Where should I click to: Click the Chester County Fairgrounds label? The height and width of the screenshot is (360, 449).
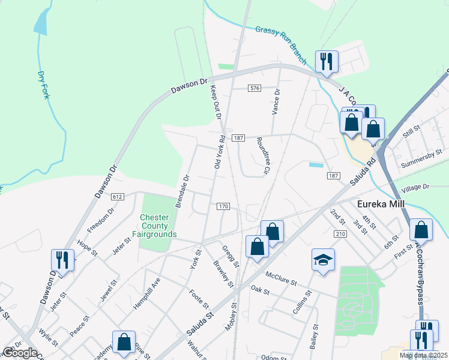click(x=158, y=225)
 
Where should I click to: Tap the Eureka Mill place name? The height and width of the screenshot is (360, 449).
click(x=381, y=204)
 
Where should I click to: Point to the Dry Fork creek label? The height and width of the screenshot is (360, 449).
click(x=42, y=85)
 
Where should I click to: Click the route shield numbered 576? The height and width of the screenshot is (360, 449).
click(x=255, y=88)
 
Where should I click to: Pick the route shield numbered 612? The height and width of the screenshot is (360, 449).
click(x=117, y=196)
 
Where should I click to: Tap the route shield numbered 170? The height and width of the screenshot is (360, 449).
click(x=223, y=206)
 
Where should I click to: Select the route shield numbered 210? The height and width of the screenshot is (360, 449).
click(x=342, y=233)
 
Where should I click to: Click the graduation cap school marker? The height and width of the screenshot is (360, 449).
click(x=323, y=260)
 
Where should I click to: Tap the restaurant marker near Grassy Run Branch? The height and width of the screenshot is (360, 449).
click(x=327, y=61)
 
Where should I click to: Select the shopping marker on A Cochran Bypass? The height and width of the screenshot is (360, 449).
click(x=421, y=230)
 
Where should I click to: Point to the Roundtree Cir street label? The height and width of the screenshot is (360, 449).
click(x=262, y=155)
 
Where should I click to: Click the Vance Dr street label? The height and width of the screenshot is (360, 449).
click(x=276, y=102)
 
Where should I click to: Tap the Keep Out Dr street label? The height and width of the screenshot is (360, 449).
click(x=215, y=102)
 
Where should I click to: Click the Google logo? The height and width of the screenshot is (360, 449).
click(x=20, y=353)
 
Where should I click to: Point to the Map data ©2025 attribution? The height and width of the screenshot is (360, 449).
click(x=423, y=355)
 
